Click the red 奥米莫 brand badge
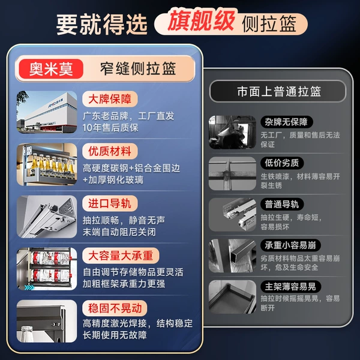click(x=51, y=69)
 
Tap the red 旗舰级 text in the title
click(x=202, y=20)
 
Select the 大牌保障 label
click(x=110, y=99)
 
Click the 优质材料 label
click(x=110, y=151)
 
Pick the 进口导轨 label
click(x=110, y=203)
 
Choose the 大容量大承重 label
click(x=121, y=256)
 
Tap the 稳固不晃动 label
click(x=115, y=308)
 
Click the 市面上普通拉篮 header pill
click(x=278, y=91)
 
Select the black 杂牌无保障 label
click(x=287, y=122)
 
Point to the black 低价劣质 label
click(x=282, y=163)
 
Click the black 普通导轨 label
click(x=282, y=204)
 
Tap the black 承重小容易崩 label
click(x=290, y=245)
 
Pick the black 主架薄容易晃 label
click(x=290, y=286)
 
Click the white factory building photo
click(x=47, y=112)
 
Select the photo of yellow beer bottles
click(x=47, y=164)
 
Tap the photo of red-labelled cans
click(x=47, y=269)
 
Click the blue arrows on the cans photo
click(x=29, y=287)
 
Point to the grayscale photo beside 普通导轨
click(x=232, y=215)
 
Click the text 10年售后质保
click(x=110, y=128)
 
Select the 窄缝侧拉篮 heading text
click(x=138, y=68)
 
